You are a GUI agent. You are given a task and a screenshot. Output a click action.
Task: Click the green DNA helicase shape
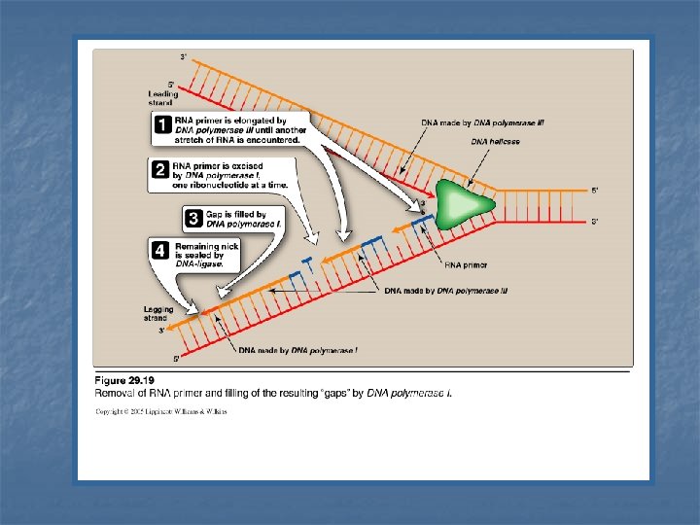tap(458, 203)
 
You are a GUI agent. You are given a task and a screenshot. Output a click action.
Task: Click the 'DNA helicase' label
tap(496, 142)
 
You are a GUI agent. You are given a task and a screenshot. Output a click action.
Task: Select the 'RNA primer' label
tap(466, 264)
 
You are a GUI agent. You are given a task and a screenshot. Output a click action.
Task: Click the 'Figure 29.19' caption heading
tap(125, 380)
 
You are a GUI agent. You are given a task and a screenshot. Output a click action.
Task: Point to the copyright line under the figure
tap(161, 411)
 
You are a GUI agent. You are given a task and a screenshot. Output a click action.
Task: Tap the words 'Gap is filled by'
tap(234, 213)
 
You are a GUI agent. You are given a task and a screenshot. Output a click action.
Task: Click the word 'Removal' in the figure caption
tap(114, 394)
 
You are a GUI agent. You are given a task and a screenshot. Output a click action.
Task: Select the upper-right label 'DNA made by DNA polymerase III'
tap(482, 123)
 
